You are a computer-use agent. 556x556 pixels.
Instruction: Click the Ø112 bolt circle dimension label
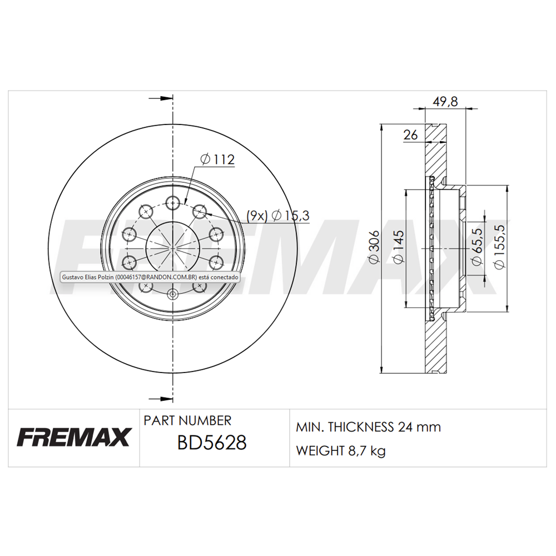(217, 159)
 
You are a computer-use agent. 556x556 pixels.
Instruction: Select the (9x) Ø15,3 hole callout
(278, 215)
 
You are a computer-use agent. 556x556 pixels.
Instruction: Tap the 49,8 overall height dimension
(445, 101)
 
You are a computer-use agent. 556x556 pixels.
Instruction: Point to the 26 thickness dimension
(410, 135)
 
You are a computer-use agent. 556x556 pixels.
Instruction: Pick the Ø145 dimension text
(399, 247)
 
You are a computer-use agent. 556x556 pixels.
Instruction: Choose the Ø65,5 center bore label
(477, 246)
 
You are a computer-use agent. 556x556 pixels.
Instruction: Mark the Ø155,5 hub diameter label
(499, 247)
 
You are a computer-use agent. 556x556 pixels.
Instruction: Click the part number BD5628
(212, 443)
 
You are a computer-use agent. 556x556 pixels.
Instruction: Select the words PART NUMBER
(187, 420)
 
